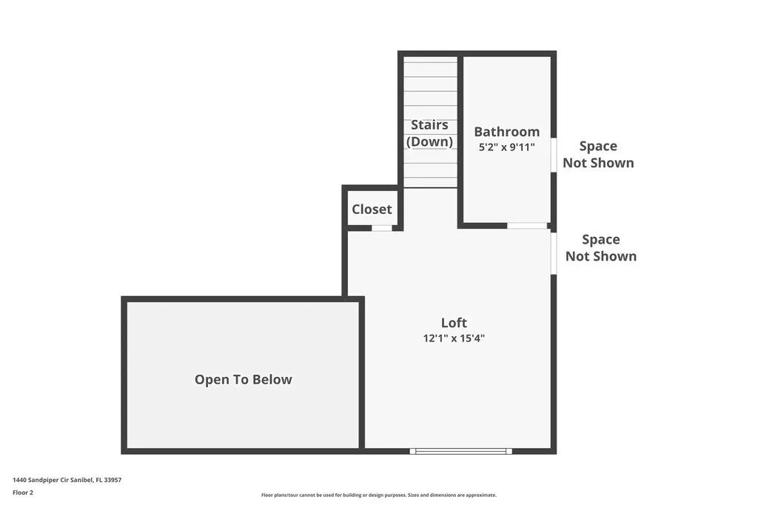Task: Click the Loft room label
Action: click(454, 323)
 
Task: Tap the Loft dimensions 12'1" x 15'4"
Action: click(454, 338)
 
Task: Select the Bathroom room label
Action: click(506, 132)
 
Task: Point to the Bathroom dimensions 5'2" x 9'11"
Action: click(506, 147)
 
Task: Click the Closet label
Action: click(372, 210)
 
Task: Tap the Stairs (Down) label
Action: click(429, 133)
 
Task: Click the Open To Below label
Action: click(243, 380)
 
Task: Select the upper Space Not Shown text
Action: click(598, 155)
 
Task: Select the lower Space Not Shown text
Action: click(600, 248)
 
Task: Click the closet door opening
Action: click(381, 228)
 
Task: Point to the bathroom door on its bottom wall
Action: click(527, 225)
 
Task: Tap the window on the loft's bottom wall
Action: click(461, 451)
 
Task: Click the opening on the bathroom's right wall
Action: click(553, 155)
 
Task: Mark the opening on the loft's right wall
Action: click(553, 253)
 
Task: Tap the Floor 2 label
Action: click(23, 492)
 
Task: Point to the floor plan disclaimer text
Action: click(378, 495)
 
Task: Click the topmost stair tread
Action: click(430, 62)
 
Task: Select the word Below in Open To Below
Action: click(272, 380)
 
